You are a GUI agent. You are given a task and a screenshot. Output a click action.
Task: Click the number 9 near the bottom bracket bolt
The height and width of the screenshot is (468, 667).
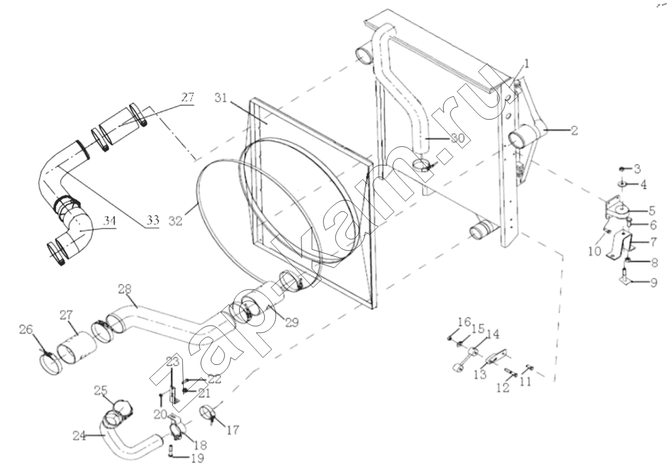[653, 282]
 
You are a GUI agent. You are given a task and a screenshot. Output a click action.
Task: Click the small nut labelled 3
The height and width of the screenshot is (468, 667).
[622, 169]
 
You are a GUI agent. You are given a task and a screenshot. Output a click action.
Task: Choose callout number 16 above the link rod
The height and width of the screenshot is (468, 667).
[464, 322]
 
